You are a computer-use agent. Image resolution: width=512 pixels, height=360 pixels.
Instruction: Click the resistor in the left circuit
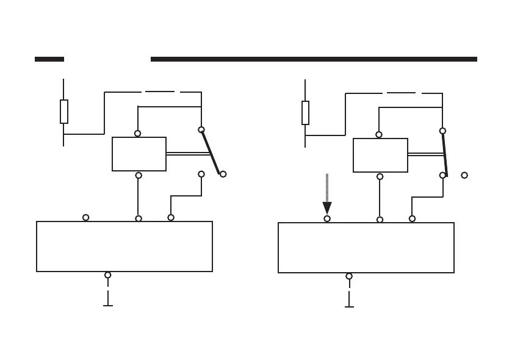[63, 112]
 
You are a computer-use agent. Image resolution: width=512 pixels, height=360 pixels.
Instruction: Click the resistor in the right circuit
[305, 113]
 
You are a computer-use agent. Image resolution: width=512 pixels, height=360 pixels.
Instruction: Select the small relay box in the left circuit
[139, 154]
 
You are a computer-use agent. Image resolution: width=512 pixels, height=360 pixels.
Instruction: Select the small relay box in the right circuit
[380, 155]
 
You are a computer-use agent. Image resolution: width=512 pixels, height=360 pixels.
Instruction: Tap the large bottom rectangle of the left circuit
[124, 247]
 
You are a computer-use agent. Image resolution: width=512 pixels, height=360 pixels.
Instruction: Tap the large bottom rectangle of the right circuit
[366, 248]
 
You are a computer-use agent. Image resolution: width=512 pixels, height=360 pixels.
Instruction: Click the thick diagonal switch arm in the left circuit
[211, 153]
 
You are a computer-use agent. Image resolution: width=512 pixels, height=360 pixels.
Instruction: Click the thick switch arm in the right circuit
[445, 154]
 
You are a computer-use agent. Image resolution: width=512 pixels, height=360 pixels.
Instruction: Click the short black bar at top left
[49, 59]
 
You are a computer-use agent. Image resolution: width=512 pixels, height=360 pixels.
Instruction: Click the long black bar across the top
[314, 59]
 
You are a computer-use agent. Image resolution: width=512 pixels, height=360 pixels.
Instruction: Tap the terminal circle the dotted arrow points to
[327, 218]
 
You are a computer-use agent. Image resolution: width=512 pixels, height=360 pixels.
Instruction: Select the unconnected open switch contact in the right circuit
[464, 175]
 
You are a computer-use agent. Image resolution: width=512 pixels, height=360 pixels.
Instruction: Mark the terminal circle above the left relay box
[137, 134]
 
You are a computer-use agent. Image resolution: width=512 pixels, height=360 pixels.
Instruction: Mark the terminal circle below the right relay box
[380, 176]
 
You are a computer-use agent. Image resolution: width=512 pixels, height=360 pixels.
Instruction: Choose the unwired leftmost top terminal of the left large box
[85, 217]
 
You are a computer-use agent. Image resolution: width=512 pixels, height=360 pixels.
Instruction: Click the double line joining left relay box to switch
[188, 154]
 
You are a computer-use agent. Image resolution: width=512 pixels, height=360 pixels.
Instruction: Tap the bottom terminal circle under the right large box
[349, 276]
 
